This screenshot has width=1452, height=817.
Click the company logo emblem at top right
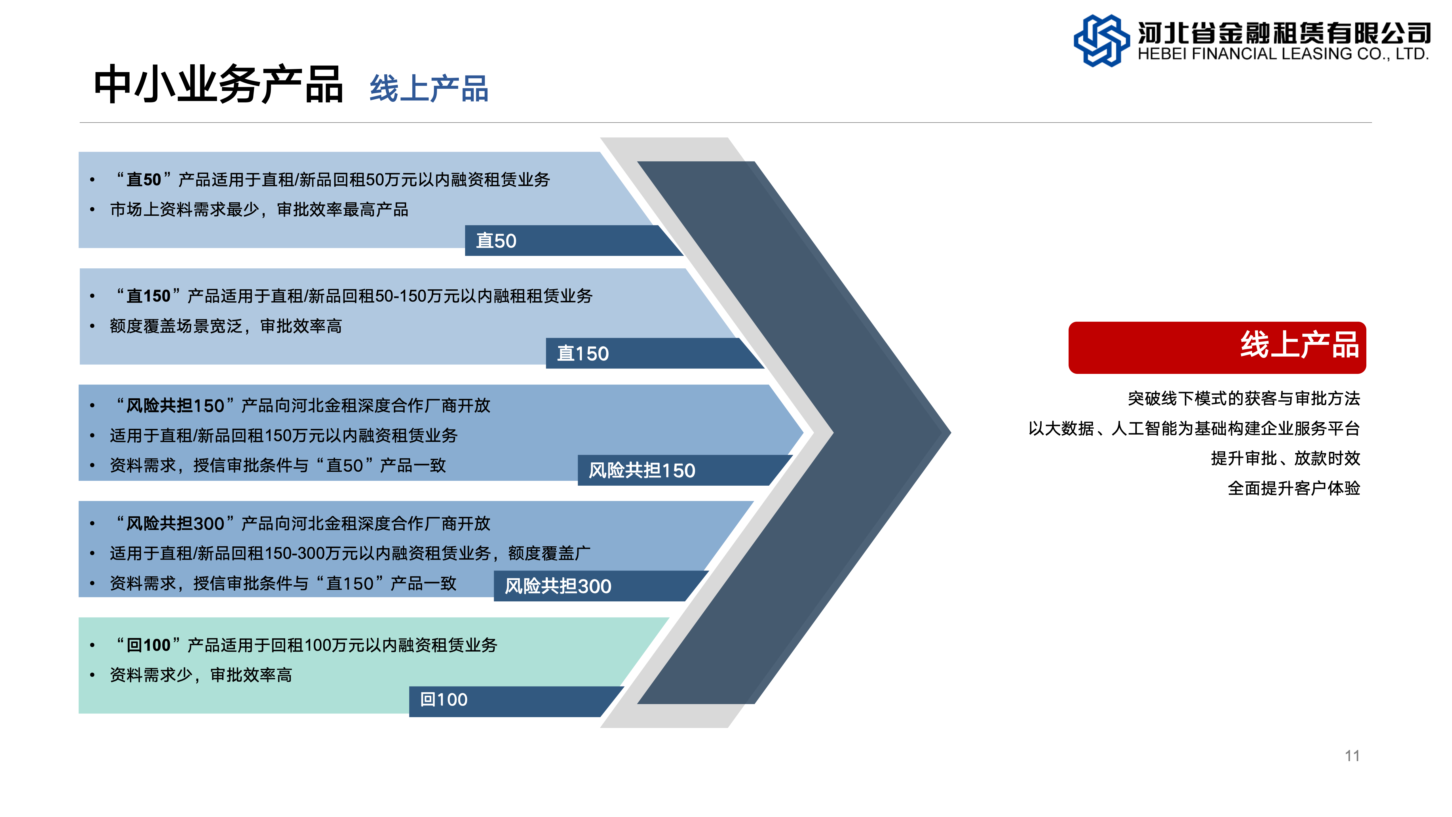click(x=1101, y=41)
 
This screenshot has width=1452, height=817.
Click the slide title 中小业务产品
click(x=218, y=85)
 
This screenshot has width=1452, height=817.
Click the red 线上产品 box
click(x=1217, y=347)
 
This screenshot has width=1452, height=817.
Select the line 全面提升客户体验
click(x=1293, y=488)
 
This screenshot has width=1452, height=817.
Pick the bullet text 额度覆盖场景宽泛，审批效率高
click(x=225, y=326)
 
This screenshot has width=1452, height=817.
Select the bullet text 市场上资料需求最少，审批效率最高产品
click(x=259, y=210)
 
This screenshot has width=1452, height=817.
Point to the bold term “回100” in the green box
click(x=148, y=645)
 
